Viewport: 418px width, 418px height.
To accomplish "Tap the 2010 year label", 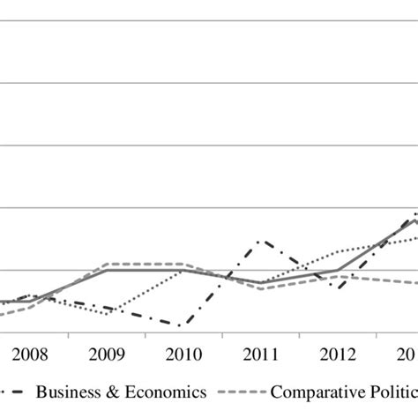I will pos(183,355).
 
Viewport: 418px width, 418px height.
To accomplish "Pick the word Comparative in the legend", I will pos(314,392).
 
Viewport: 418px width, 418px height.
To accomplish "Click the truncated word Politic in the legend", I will pos(390,392).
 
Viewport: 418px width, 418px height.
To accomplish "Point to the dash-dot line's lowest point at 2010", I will pos(181,325).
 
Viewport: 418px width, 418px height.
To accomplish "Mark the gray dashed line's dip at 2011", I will pos(260,288).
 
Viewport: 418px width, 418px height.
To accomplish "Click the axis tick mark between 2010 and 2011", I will pos(223,336).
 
